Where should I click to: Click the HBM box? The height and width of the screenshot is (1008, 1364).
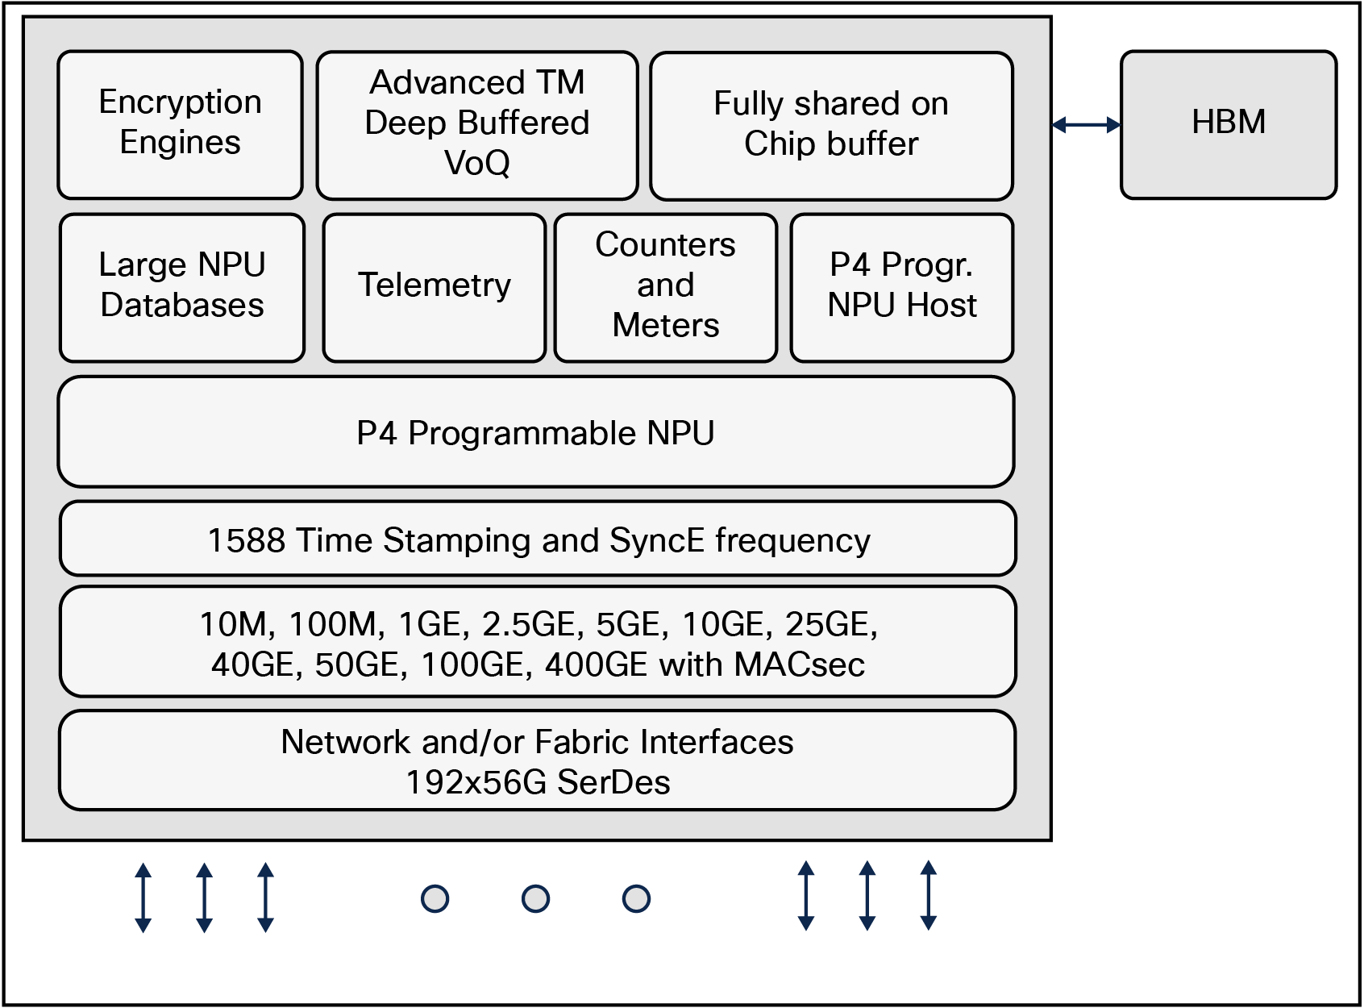[x=1228, y=124]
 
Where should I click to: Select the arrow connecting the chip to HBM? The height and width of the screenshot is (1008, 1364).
[x=1086, y=124]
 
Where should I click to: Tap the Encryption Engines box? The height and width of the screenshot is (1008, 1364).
[x=180, y=124]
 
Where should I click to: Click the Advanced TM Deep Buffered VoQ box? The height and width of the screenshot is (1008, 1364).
[x=476, y=124]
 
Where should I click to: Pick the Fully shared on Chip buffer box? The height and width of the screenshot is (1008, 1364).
[x=831, y=125]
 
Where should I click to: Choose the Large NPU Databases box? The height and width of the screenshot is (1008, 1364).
[x=182, y=287]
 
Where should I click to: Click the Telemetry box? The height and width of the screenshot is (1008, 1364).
[x=435, y=287]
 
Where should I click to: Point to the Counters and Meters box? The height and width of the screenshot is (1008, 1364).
[x=665, y=287]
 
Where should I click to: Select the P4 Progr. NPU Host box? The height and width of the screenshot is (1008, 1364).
[x=901, y=287]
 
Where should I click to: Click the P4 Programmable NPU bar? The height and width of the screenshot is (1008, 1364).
[x=536, y=432]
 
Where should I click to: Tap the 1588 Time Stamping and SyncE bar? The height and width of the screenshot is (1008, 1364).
[x=538, y=539]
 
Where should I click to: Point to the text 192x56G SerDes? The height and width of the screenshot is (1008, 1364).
[x=538, y=782]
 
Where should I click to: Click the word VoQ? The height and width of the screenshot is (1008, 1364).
[x=476, y=164]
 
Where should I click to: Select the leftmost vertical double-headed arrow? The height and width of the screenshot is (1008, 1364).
[x=143, y=898]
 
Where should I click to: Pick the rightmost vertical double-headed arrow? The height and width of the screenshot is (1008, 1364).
[x=929, y=896]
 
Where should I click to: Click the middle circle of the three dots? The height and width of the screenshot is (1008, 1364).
[x=536, y=898]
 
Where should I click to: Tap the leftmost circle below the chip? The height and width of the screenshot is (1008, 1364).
[x=435, y=898]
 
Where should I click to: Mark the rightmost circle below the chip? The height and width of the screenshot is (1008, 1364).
[x=637, y=898]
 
